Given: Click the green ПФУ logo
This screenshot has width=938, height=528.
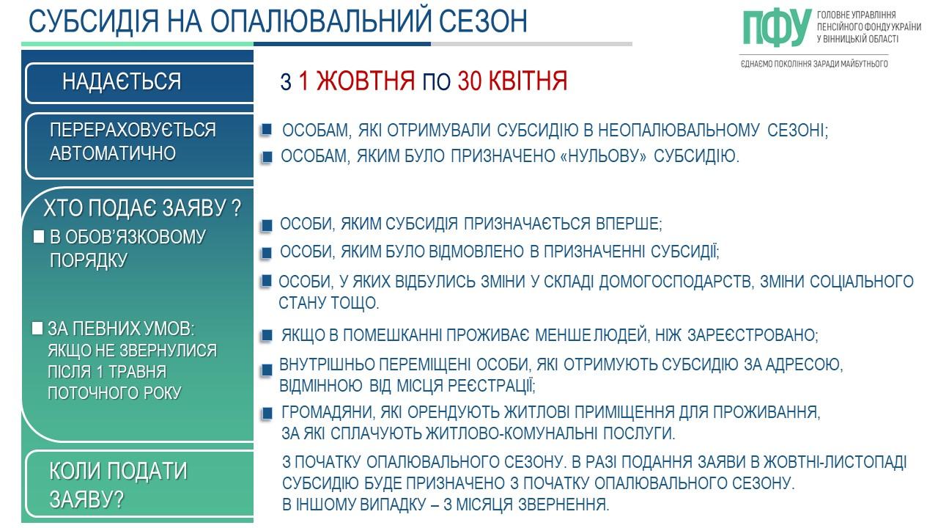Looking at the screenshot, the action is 777,27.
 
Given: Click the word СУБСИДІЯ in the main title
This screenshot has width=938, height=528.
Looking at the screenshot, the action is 94,21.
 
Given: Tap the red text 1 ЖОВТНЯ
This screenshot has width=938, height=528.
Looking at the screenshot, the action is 356,81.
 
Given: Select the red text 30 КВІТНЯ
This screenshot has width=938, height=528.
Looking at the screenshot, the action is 512,81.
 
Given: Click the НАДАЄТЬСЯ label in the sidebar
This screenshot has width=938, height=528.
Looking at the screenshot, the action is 122,81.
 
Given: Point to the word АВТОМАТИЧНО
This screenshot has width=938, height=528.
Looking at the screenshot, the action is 113,153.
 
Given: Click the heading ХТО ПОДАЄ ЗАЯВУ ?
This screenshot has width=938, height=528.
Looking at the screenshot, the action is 142,208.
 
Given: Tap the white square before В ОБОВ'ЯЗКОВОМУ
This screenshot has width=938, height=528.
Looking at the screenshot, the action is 39,237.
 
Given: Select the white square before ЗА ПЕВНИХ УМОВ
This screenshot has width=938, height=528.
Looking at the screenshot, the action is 37,328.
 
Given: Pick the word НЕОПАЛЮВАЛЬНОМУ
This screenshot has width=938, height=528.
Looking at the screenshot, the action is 679,131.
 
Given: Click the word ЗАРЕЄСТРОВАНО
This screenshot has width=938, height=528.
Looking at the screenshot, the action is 753,335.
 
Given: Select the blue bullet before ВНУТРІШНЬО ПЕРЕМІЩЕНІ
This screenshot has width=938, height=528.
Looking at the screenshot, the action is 266,371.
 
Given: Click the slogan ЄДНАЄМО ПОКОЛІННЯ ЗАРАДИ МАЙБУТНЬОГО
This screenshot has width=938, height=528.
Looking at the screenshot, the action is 814,64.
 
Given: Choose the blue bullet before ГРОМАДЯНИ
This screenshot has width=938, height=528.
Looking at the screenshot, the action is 267,414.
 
